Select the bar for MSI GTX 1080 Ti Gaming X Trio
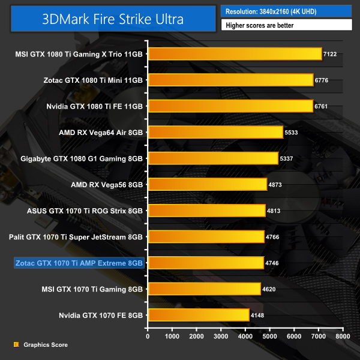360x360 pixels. click(235, 54)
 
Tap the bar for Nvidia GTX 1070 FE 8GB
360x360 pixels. click(198, 314)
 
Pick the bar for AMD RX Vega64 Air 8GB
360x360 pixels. click(215, 132)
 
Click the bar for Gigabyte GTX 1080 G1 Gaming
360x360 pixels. click(212, 158)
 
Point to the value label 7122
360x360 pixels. click(330, 54)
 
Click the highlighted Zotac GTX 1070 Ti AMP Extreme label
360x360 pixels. click(79, 263)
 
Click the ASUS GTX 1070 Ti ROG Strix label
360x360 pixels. click(85, 211)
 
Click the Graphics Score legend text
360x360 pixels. click(46, 345)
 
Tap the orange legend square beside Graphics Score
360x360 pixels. click(16, 345)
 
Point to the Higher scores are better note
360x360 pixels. click(286, 25)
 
